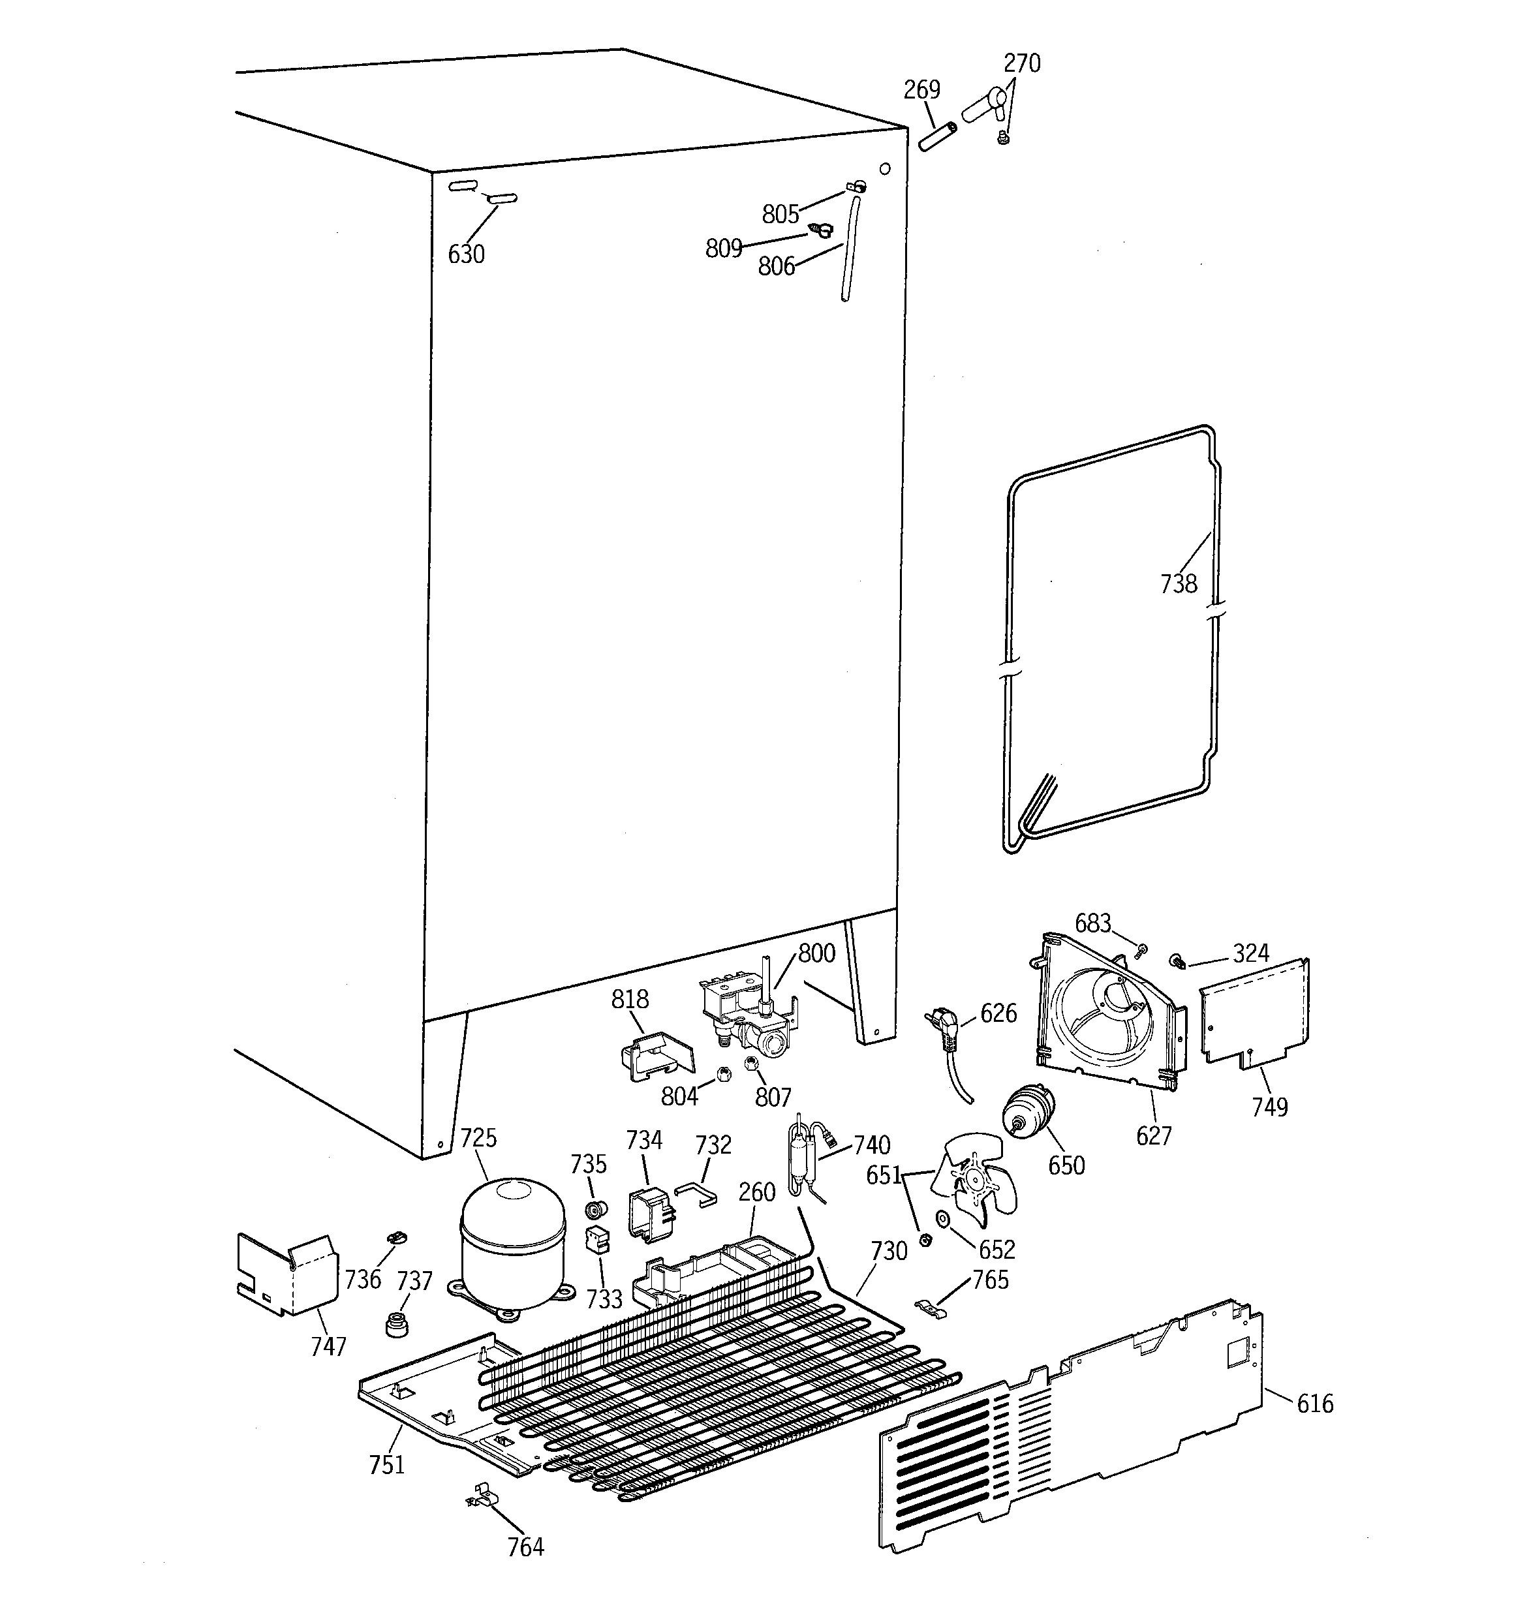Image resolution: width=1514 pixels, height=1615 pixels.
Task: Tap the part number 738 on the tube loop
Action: pyautogui.click(x=1179, y=583)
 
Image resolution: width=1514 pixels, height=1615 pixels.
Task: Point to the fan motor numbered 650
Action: pyautogui.click(x=1028, y=1111)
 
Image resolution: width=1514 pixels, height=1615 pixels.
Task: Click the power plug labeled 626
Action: pyautogui.click(x=943, y=1024)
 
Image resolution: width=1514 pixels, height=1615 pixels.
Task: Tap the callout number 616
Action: pyautogui.click(x=1315, y=1404)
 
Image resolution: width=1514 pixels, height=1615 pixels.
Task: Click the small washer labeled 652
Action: pyautogui.click(x=943, y=1218)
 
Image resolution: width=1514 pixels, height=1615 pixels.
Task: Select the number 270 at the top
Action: pyautogui.click(x=1021, y=63)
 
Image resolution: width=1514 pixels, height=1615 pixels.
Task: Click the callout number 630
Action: pyautogui.click(x=467, y=254)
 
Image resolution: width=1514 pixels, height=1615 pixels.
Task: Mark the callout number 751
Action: pyautogui.click(x=387, y=1465)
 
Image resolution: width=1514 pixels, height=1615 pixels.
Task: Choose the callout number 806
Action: pyautogui.click(x=776, y=266)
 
